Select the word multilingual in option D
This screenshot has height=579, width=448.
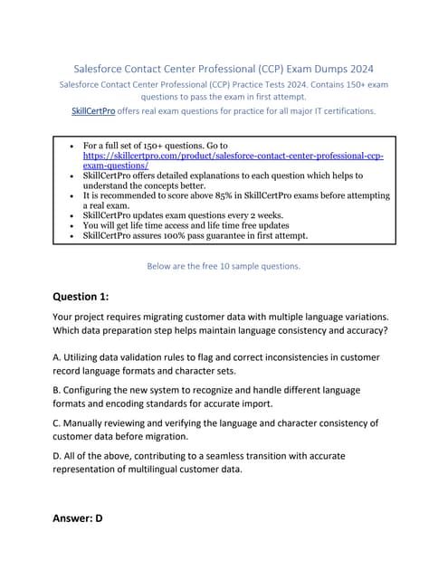(183, 470)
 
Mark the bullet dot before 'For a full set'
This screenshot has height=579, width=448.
(71, 145)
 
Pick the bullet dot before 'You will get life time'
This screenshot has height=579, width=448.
(71, 225)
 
